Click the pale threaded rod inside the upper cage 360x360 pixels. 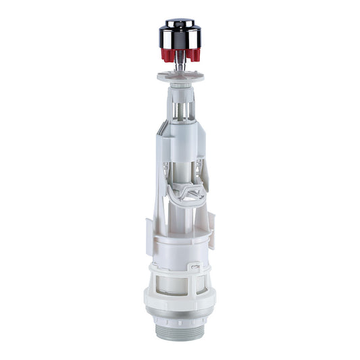pyautogui.click(x=180, y=108)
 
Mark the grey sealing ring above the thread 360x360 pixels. pyautogui.click(x=180, y=321)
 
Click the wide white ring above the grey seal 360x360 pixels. pyautogui.click(x=180, y=308)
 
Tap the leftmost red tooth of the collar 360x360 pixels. pyautogui.click(x=164, y=55)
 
